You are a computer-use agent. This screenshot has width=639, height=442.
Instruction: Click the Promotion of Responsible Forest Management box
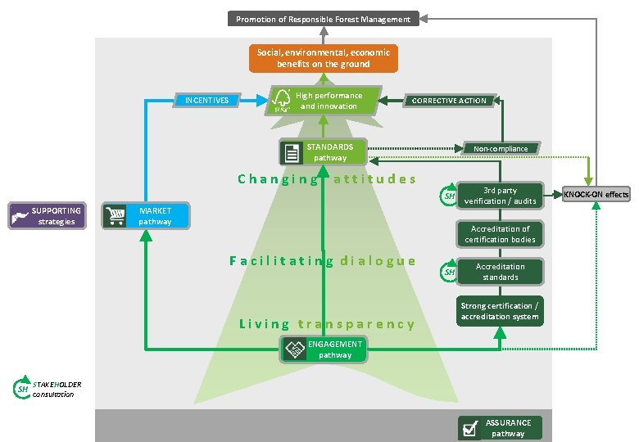tap(324, 19)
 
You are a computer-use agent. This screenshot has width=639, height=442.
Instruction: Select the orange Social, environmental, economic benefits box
tap(324, 58)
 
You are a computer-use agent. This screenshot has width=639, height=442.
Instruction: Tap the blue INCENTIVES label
tap(206, 101)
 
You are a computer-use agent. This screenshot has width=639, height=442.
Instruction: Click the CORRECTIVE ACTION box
tap(448, 101)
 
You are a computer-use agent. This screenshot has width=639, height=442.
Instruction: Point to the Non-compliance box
tap(501, 148)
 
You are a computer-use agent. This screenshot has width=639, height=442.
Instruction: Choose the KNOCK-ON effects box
tap(596, 194)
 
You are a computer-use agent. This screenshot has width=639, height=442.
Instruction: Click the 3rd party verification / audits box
tap(500, 196)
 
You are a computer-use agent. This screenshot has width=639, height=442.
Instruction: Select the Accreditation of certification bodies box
tap(500, 234)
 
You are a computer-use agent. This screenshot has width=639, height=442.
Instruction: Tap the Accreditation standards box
tap(500, 272)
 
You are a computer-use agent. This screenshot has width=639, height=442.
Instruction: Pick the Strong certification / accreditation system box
tap(500, 311)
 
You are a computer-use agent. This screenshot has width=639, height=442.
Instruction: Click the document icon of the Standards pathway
tap(291, 152)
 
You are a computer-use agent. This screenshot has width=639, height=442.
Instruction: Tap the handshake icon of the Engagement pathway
tap(294, 350)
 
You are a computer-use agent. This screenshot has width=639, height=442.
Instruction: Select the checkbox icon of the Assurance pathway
tap(470, 428)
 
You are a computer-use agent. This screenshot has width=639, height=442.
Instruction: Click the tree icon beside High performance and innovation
tap(282, 101)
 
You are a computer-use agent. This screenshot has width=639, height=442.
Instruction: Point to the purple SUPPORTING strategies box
tap(48, 216)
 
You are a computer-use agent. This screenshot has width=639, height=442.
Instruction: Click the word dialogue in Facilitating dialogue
tap(378, 261)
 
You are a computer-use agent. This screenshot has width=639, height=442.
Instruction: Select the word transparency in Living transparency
tap(356, 324)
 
